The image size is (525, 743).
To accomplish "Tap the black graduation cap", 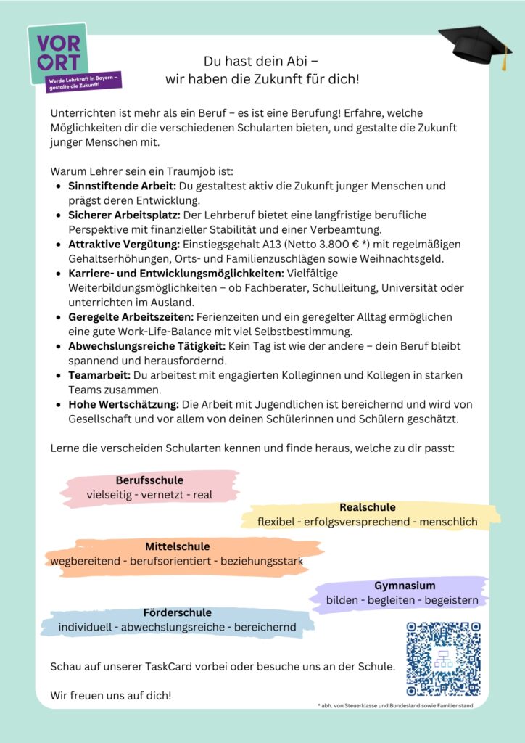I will pos(475,46).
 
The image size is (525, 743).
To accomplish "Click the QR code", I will pos(443,659).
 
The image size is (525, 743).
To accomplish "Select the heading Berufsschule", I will pos(149,480).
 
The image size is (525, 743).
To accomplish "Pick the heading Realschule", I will pos(368,507).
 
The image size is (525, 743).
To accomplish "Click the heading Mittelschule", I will pos(177,546).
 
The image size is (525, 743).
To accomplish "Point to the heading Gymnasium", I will pos(405,586).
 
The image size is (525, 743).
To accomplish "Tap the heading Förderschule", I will pos(177,612).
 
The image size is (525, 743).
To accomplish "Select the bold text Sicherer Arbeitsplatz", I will pos(124,215).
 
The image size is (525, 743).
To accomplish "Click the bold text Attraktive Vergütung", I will pos(123,244).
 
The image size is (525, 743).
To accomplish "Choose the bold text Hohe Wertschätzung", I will pos(123,404).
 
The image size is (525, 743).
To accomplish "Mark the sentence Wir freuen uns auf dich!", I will pos(111,695).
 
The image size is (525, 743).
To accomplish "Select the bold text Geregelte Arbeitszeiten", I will pos(131,317).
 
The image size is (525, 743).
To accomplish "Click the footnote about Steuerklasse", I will pos(395,705).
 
